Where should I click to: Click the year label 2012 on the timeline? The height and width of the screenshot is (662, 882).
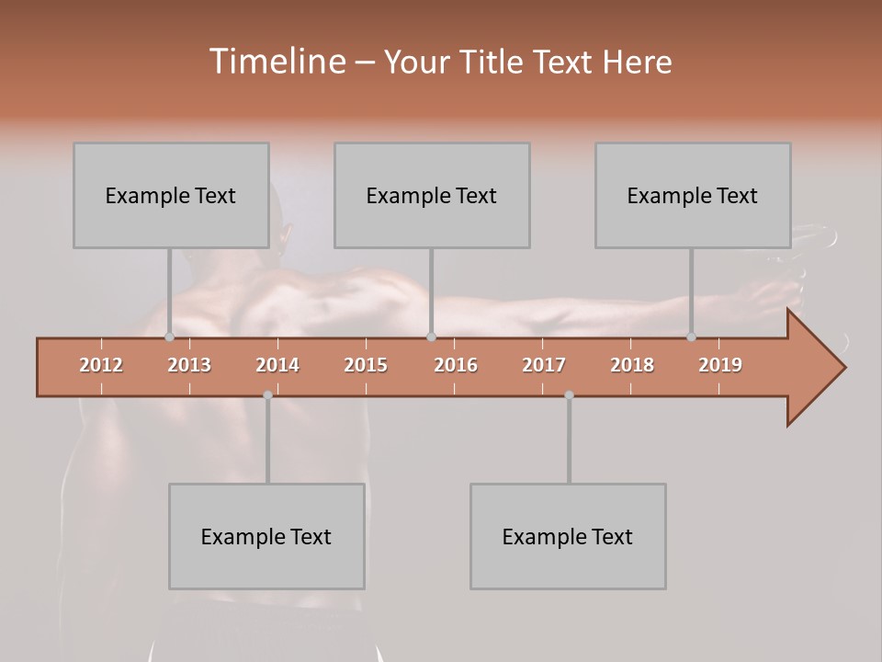pos(101,365)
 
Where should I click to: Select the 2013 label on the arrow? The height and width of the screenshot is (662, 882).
pos(189,365)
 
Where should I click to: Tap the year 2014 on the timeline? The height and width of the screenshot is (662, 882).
pos(277,365)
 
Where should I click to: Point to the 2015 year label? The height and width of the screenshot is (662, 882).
pos(366,365)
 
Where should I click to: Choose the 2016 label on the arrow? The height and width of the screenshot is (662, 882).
pos(456,365)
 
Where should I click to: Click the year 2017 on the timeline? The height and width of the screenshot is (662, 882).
pos(544,365)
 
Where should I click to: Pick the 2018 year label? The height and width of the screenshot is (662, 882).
pos(632,365)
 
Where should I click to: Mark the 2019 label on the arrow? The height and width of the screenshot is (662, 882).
pos(720,365)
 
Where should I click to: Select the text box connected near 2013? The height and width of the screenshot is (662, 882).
pos(171,195)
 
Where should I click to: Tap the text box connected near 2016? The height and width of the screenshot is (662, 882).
pos(432,195)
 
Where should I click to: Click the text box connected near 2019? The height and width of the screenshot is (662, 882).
pos(693,195)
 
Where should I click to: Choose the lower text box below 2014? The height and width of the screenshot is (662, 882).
pos(266,536)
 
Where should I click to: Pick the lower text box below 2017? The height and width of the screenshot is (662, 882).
pos(568,536)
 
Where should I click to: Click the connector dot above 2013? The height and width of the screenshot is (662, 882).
pos(169,337)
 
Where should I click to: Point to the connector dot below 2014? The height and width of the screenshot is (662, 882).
pos(267,394)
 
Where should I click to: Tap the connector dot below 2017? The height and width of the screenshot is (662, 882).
pos(569,394)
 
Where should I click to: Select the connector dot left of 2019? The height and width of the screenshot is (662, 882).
pos(691,337)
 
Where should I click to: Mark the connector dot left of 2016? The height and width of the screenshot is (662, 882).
pos(431,337)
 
